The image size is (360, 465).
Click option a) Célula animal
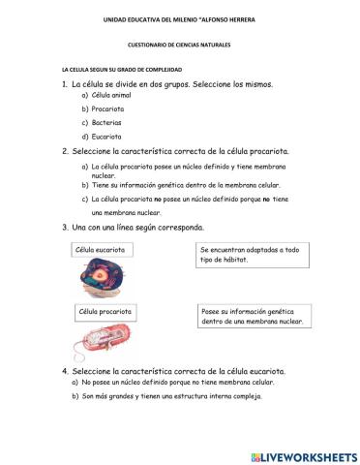point(110,97)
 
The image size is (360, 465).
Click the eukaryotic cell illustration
point(104,280)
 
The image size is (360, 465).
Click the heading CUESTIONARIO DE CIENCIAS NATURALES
point(179,45)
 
